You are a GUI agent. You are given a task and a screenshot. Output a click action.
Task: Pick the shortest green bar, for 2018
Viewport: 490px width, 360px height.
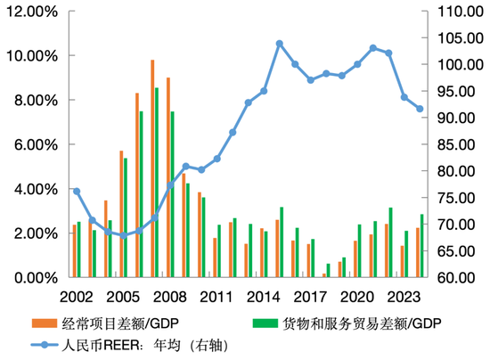[x=328, y=271]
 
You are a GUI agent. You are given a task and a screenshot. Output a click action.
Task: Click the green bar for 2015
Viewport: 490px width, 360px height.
[x=282, y=242]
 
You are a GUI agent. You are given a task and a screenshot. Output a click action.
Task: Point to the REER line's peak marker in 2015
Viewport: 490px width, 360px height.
[x=280, y=43]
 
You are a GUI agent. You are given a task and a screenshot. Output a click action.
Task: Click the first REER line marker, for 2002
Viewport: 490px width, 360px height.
[x=77, y=192]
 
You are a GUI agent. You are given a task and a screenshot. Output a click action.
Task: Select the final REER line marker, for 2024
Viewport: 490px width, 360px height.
[x=420, y=110]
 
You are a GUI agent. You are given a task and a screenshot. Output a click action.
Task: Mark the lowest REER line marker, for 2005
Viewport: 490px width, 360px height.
[x=123, y=236]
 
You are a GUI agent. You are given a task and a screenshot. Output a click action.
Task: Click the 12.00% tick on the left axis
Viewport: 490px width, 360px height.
[x=33, y=12]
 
